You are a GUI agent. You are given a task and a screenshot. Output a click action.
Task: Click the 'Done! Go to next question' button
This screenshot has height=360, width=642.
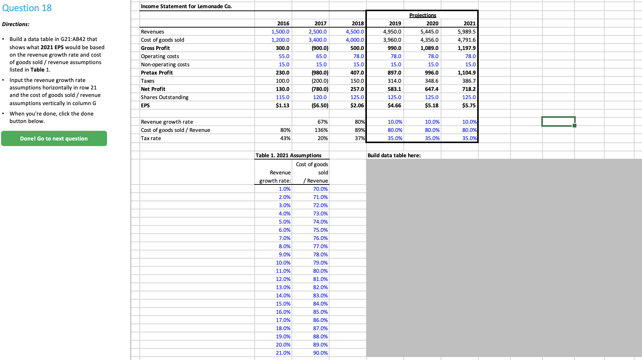click(x=54, y=139)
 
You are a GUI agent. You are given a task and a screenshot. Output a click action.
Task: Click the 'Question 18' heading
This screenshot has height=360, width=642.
click(x=27, y=8)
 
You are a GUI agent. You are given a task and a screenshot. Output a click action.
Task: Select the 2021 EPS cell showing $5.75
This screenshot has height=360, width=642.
click(x=469, y=105)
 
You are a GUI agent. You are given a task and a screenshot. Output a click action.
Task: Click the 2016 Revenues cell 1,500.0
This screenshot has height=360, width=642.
click(x=280, y=32)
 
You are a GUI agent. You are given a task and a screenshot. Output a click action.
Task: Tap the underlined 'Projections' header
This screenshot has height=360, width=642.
click(x=422, y=15)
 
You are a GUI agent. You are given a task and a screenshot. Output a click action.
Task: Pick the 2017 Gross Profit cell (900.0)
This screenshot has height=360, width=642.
click(x=320, y=48)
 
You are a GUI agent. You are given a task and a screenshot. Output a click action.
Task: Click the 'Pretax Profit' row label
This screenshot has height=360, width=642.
click(x=157, y=73)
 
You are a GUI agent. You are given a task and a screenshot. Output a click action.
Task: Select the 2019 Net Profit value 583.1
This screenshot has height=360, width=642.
click(x=394, y=89)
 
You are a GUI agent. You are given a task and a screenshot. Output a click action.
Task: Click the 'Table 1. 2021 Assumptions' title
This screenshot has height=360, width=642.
click(x=288, y=155)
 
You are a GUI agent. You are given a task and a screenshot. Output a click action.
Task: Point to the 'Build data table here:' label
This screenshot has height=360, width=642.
click(x=394, y=155)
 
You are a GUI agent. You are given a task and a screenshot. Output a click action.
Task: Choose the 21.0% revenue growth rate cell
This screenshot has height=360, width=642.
click(x=283, y=353)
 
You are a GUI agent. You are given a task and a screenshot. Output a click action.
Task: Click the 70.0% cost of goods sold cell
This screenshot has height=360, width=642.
click(x=320, y=189)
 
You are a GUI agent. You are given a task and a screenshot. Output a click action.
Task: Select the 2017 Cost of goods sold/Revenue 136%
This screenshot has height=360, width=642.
click(x=321, y=130)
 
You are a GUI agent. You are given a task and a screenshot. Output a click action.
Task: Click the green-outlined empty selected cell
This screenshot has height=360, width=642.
click(x=558, y=121)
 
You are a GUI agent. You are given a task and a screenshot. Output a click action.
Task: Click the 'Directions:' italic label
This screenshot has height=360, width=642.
click(x=16, y=24)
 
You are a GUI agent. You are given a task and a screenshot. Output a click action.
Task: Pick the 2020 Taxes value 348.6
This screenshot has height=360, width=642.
click(x=432, y=81)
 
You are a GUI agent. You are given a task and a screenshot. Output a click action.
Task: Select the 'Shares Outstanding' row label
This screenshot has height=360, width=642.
click(x=165, y=97)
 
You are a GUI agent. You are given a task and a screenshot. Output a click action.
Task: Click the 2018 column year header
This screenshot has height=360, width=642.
click(x=358, y=23)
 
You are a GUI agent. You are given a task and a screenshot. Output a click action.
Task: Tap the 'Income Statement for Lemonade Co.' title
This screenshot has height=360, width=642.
click(x=186, y=6)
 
